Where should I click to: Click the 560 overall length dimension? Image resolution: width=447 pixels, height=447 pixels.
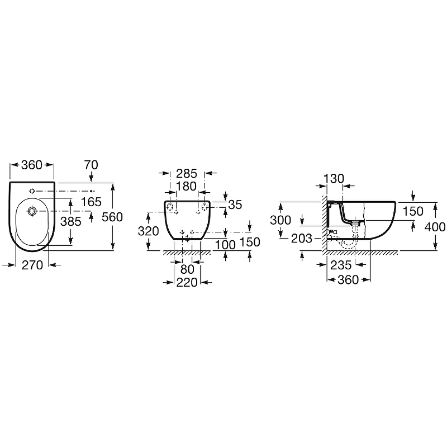(x=112, y=217)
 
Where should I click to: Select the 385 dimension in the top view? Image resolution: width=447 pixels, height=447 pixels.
(x=71, y=221)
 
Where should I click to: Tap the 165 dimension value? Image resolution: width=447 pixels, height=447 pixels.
(x=91, y=202)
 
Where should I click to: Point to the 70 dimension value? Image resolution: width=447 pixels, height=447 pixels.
(x=91, y=165)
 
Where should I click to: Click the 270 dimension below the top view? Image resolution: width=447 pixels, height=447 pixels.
(x=32, y=265)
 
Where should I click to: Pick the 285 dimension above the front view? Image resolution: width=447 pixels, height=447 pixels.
(x=187, y=173)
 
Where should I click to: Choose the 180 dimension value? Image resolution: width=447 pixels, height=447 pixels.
(x=186, y=186)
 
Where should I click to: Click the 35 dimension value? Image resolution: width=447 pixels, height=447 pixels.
(x=235, y=205)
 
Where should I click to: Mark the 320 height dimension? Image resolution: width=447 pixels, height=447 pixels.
(x=148, y=231)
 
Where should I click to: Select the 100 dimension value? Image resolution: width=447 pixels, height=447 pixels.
(x=225, y=245)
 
